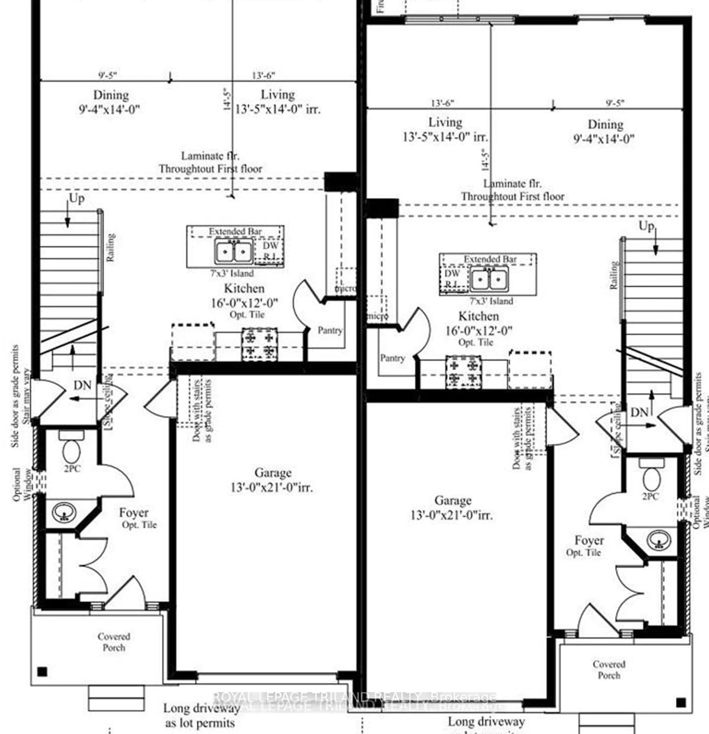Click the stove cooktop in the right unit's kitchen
pos(463,372)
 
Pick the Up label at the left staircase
pos(77,199)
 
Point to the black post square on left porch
pos(42,671)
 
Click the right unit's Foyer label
pos(589,541)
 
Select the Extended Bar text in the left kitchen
pos(235,231)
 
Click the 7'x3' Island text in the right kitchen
pos(491,301)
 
